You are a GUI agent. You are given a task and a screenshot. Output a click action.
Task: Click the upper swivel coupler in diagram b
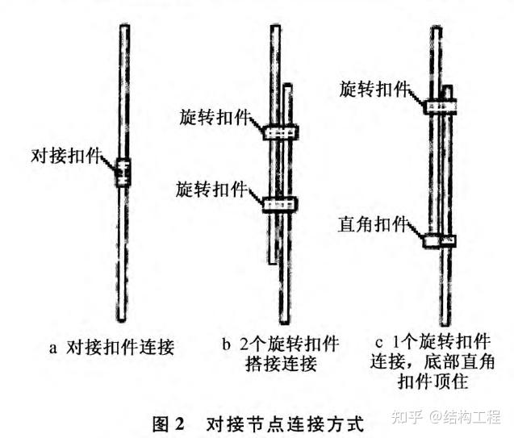click(x=280, y=131)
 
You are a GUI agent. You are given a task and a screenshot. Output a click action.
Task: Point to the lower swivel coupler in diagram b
click(x=280, y=204)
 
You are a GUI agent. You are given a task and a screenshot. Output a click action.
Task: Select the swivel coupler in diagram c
click(x=441, y=106)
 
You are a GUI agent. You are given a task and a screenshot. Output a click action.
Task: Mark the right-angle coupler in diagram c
click(x=440, y=240)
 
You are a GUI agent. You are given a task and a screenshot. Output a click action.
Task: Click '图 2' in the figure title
click(x=169, y=422)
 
